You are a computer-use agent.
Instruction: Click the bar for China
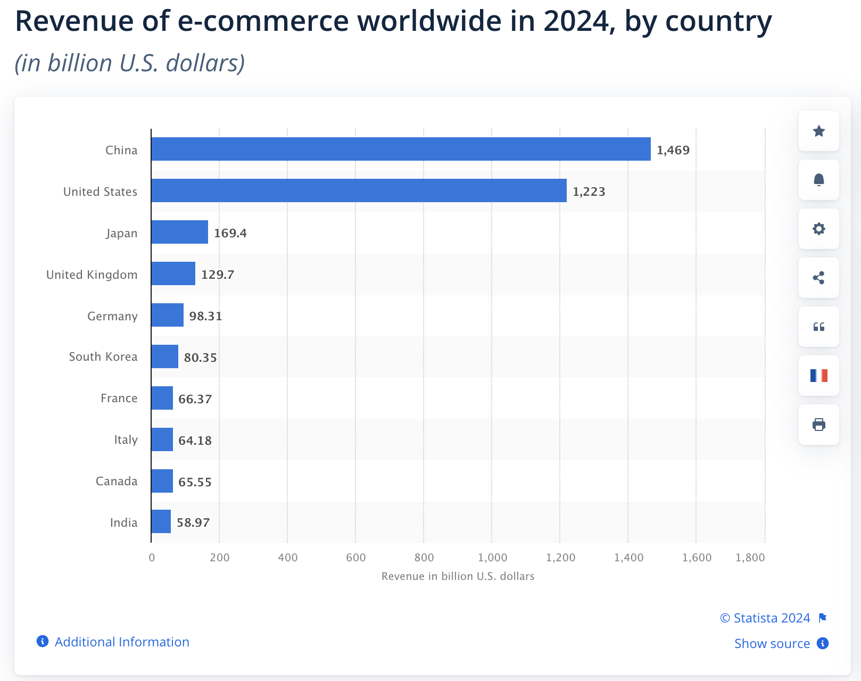pyautogui.click(x=401, y=149)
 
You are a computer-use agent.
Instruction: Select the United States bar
pyautogui.click(x=359, y=190)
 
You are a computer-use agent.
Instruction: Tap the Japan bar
pyautogui.click(x=179, y=232)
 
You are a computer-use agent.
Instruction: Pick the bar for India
pyautogui.click(x=161, y=521)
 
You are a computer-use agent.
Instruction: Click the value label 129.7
pyautogui.click(x=218, y=275)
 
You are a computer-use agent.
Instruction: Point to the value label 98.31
pyautogui.click(x=205, y=316)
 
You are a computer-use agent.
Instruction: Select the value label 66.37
pyautogui.click(x=195, y=399)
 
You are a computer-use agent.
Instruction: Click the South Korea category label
pyautogui.click(x=103, y=356)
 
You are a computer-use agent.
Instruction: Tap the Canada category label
pyautogui.click(x=117, y=481)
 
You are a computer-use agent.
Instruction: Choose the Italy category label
pyautogui.click(x=126, y=439)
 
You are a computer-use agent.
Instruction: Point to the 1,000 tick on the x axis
pyautogui.click(x=492, y=558)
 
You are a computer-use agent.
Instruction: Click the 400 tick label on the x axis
pyautogui.click(x=288, y=558)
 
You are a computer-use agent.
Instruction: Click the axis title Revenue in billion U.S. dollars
pyautogui.click(x=458, y=576)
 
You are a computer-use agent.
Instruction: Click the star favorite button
pyautogui.click(x=818, y=131)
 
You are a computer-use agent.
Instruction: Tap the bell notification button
pyautogui.click(x=818, y=180)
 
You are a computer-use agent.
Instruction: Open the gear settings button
pyautogui.click(x=818, y=229)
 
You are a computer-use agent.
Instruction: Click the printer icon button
pyautogui.click(x=818, y=425)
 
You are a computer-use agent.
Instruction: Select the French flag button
pyautogui.click(x=818, y=376)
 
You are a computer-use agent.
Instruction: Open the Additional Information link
pyautogui.click(x=122, y=642)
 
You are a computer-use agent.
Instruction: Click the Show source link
pyautogui.click(x=772, y=643)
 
